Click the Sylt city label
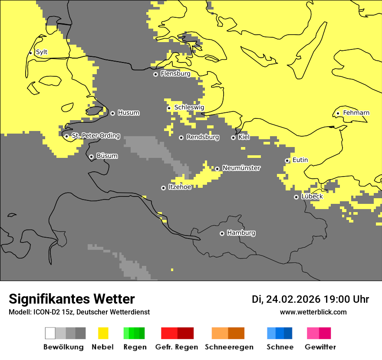[x=42, y=52]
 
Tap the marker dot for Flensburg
[x=155, y=74]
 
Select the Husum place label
[x=128, y=113]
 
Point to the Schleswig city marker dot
[x=169, y=108]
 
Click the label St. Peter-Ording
[x=95, y=136]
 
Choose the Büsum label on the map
[x=107, y=156]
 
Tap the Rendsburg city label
[x=203, y=137]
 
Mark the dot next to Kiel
[x=233, y=137]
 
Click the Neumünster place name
[x=241, y=168]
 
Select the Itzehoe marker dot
[x=163, y=188]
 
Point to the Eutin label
[x=300, y=160]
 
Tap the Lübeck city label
[x=312, y=196]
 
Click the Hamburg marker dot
[x=222, y=233]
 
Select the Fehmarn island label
[x=356, y=113]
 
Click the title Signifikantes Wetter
[x=72, y=299]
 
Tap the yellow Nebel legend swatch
[x=103, y=333]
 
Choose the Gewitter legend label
[x=320, y=347]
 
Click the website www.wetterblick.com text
[x=313, y=312]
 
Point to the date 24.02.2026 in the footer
[x=293, y=299]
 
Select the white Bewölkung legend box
[x=50, y=333]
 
